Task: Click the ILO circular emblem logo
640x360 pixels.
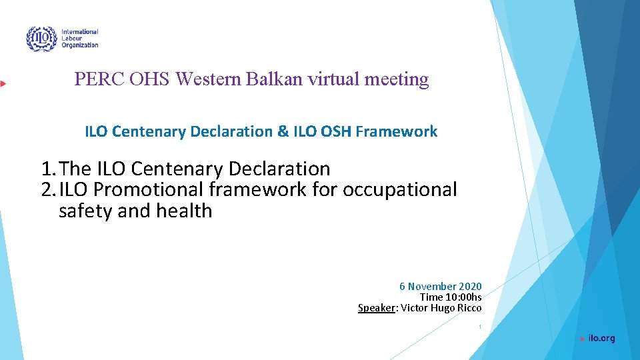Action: click(41, 39)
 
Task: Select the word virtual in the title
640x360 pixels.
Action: click(334, 79)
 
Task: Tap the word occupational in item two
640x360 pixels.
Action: click(399, 190)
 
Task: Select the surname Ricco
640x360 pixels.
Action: click(469, 307)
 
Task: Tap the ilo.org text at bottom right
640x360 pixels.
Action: click(601, 339)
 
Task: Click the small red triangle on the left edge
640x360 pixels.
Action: click(3, 83)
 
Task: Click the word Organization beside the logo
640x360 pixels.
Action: click(79, 45)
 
